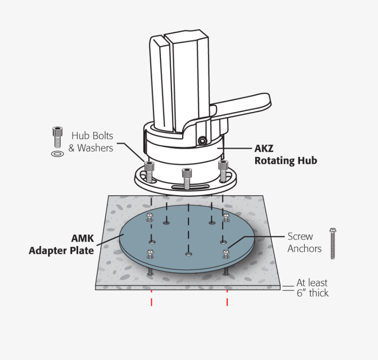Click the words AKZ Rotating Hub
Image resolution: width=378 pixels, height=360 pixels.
286,154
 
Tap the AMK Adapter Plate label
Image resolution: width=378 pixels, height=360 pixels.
61,244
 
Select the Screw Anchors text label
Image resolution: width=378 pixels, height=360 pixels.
305,242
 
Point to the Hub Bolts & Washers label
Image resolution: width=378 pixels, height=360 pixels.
90,142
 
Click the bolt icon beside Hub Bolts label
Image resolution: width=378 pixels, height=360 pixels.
58,137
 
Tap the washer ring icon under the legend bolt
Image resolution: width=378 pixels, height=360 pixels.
58,154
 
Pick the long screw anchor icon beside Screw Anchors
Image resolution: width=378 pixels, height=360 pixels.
333,244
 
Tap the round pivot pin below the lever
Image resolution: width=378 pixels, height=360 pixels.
202,140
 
